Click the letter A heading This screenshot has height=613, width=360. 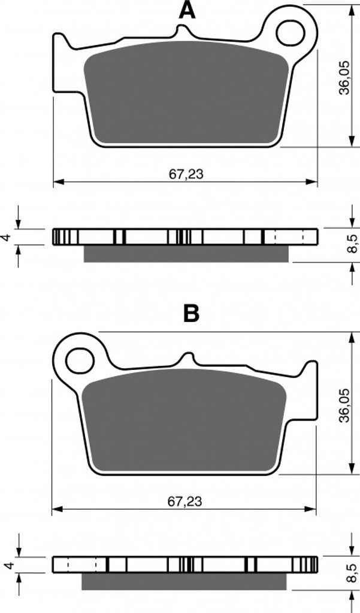pyautogui.click(x=187, y=11)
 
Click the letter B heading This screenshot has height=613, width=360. pyautogui.click(x=191, y=313)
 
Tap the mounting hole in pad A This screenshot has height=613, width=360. pyautogui.click(x=291, y=33)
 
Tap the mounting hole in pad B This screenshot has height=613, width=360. pyautogui.click(x=81, y=360)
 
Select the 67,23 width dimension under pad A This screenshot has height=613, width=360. pyautogui.click(x=186, y=174)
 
